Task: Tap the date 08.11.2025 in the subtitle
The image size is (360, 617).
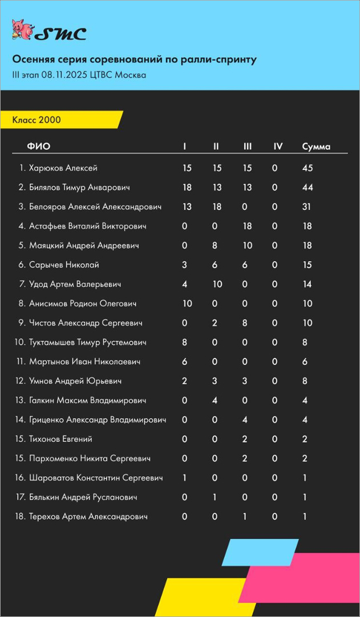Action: click(64, 75)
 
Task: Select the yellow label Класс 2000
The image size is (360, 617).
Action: click(37, 120)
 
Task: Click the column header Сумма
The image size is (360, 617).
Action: click(316, 147)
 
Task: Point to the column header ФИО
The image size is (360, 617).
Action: click(39, 147)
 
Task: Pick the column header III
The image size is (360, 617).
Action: click(248, 147)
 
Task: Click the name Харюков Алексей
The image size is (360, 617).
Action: click(63, 168)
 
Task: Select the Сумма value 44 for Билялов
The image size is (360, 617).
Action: click(308, 188)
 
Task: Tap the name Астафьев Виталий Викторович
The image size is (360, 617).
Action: click(87, 226)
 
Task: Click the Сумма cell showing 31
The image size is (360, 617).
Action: click(306, 207)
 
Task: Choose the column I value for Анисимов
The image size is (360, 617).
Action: click(187, 304)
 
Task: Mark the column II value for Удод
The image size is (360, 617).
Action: click(216, 285)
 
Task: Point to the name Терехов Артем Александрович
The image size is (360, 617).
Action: click(88, 517)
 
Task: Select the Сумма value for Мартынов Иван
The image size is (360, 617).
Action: click(305, 362)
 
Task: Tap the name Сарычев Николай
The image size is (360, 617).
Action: click(64, 265)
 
